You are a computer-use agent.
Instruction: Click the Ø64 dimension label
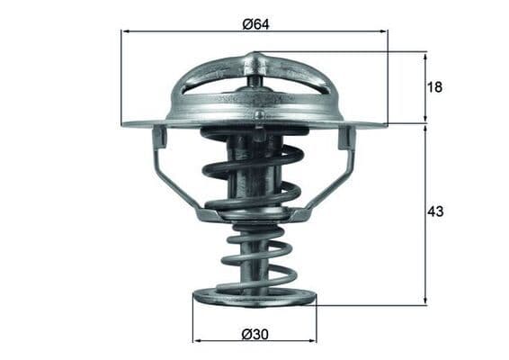[x=254, y=22]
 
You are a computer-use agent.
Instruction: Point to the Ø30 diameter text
[x=254, y=333]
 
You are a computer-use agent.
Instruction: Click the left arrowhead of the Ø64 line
[x=126, y=31]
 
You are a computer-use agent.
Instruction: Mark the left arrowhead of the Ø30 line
[x=198, y=341]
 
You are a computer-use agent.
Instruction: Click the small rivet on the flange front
[x=260, y=115]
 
